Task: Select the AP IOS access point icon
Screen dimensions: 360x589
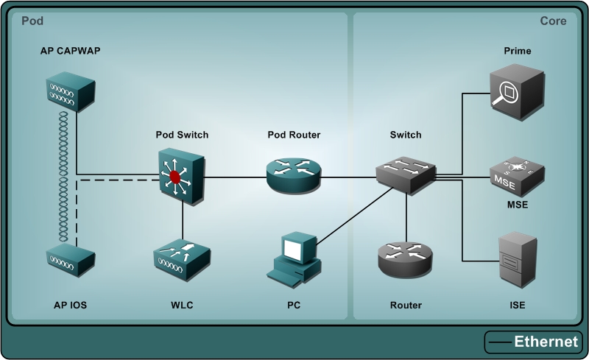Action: (x=70, y=258)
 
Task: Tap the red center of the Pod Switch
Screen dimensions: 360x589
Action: (x=175, y=177)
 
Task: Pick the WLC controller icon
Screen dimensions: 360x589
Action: (x=181, y=258)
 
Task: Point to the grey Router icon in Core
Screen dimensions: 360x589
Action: (x=406, y=258)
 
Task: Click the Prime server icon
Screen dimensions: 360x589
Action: (x=517, y=90)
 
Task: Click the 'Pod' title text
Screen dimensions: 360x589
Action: (x=32, y=21)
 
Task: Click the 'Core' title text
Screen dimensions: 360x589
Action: (x=553, y=21)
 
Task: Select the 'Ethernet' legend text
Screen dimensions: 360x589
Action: (x=546, y=342)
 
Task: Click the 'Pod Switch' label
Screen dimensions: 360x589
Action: (x=182, y=135)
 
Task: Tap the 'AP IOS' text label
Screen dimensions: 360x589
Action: (x=71, y=305)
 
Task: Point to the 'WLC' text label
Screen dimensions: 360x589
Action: (x=181, y=305)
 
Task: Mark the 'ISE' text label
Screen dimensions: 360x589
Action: (x=517, y=305)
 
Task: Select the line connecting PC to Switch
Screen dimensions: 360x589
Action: (x=353, y=213)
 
